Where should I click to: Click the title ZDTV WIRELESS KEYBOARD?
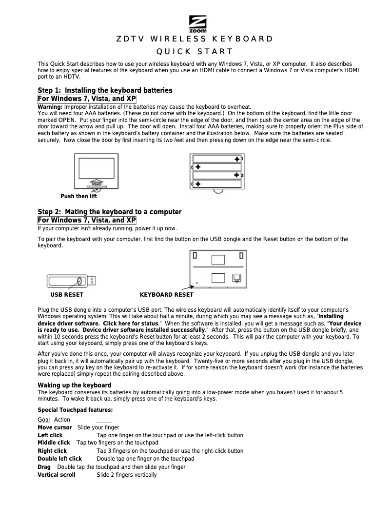point(195,39)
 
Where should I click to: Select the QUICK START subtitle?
point(195,52)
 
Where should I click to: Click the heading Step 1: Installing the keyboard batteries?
point(105,90)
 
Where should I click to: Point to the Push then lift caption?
point(78,196)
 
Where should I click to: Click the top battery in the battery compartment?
point(217,159)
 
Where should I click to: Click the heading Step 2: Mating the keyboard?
point(110,212)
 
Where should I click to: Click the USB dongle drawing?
point(71,281)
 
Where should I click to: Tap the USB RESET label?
point(67,295)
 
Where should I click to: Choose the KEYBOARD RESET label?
point(166,295)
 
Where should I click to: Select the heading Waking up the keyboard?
point(75,385)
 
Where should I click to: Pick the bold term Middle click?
point(54,443)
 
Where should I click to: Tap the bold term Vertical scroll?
point(57,475)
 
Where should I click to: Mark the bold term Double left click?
point(60,459)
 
